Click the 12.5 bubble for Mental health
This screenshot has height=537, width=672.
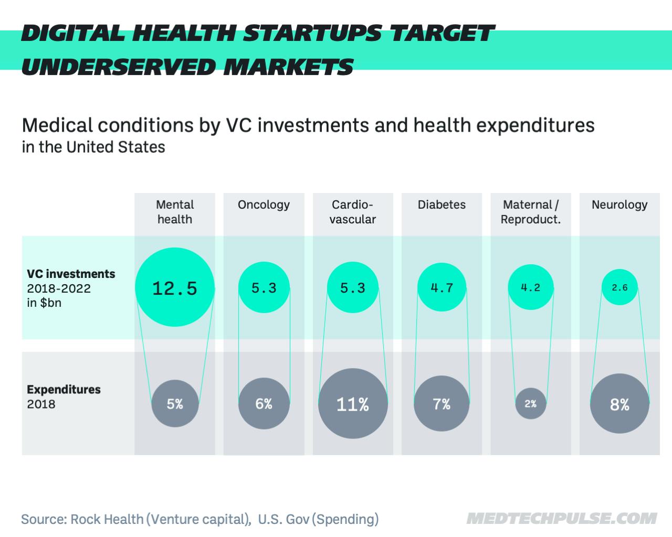175,287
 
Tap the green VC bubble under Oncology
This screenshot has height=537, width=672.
264,287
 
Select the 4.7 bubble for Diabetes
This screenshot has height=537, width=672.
442,287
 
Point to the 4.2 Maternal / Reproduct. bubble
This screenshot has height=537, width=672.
530,287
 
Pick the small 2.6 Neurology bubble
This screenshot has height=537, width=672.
619,287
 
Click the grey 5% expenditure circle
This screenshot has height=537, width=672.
175,404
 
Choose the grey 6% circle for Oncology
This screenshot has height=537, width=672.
264,404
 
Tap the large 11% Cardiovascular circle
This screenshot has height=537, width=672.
353,404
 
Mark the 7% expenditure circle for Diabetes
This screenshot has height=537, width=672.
442,404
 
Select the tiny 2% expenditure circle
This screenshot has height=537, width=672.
530,404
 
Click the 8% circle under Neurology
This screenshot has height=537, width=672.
619,404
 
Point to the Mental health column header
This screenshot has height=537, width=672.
175,212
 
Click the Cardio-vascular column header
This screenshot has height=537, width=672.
353,212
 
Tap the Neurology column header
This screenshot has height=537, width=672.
619,205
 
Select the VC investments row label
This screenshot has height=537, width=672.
71,274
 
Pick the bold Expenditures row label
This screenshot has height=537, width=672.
64,390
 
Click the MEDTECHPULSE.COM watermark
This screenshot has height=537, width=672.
561,519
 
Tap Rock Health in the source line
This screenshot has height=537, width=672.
107,519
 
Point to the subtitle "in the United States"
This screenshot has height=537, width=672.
93,147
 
